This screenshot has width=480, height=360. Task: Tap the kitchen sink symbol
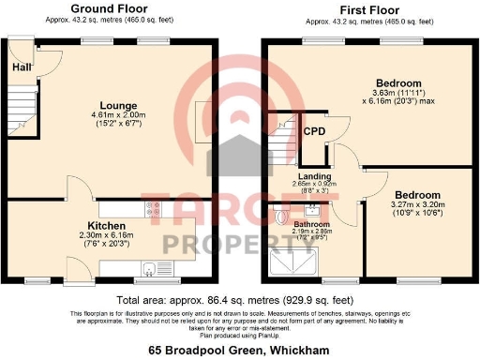click(148, 266)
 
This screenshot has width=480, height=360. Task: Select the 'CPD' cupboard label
click(314, 131)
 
